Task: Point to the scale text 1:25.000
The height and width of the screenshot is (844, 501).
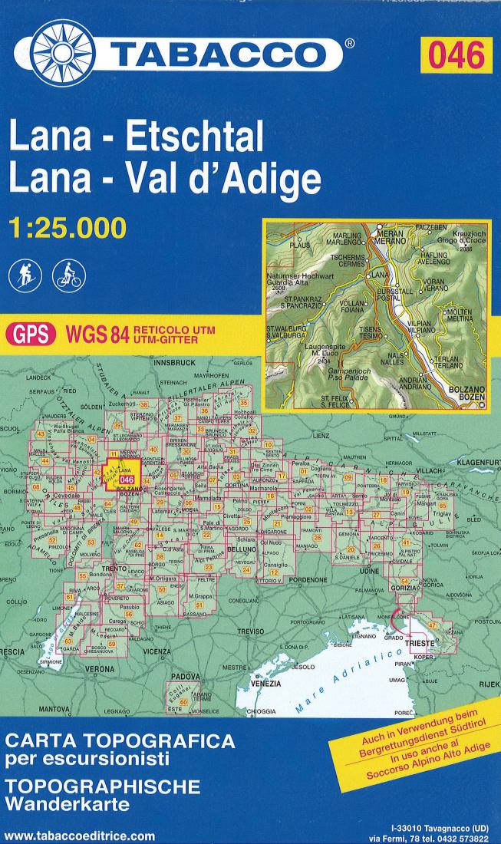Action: click(x=65, y=228)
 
